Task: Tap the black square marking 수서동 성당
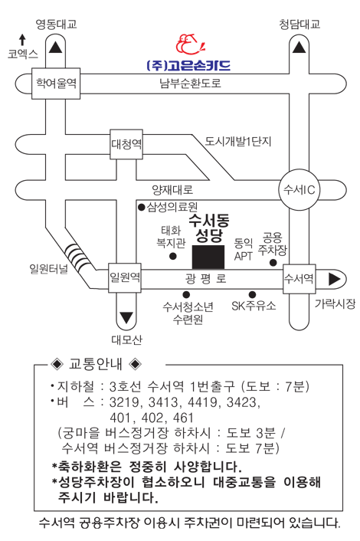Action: coord(208,257)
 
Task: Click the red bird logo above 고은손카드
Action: coord(191,44)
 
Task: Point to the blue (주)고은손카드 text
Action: coord(188,65)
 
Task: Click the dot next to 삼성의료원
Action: coord(142,207)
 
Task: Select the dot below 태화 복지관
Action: coord(173,256)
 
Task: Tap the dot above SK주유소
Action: coord(253,294)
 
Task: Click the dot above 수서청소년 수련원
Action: coord(186,294)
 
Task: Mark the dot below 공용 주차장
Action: coord(273,263)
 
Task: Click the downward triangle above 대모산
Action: coord(126,318)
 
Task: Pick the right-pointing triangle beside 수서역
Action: coord(334,279)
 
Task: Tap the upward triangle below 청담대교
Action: coord(299,48)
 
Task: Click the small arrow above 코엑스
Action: coord(22,40)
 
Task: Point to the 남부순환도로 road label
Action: coord(190,84)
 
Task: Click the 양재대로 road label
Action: coord(172,189)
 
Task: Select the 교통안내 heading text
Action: coord(96,364)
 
